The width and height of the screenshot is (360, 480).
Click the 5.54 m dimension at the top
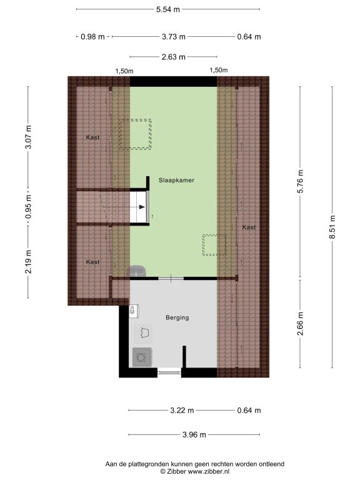click(x=167, y=9)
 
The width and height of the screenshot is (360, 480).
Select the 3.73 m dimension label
click(x=174, y=37)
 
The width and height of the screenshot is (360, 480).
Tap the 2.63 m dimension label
click(x=174, y=57)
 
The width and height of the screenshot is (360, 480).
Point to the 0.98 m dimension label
click(x=92, y=37)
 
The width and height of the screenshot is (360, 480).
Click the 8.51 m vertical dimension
click(x=332, y=227)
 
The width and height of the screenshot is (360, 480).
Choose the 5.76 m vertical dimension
click(x=300, y=181)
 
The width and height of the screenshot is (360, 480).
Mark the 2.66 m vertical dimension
click(x=300, y=324)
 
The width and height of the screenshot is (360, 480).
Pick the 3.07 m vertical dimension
click(x=28, y=137)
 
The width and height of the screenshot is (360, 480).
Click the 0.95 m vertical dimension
click(x=28, y=207)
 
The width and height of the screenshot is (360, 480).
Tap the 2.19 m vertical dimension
click(x=28, y=262)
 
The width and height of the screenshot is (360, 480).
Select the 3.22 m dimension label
click(x=182, y=411)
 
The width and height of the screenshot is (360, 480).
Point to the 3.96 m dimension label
click(x=194, y=435)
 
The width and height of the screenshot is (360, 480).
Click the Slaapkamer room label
click(x=176, y=180)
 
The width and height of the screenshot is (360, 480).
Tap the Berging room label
click(x=177, y=317)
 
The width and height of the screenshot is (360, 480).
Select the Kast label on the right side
click(x=249, y=227)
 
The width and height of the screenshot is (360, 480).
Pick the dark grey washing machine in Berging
click(x=142, y=357)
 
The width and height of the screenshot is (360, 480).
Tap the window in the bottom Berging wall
click(x=169, y=372)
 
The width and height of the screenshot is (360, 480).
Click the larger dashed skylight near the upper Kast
click(x=135, y=134)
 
